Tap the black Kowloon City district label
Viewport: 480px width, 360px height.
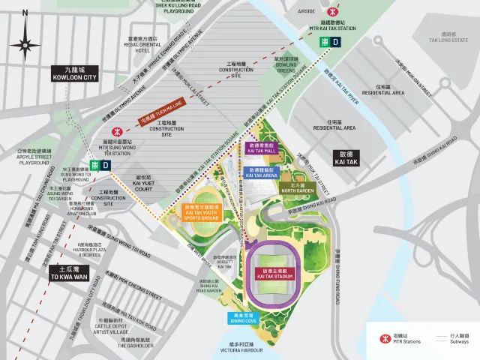[74, 73]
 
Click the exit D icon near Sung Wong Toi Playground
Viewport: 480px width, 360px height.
[101, 164]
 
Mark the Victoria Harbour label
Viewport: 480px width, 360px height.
[244, 349]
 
